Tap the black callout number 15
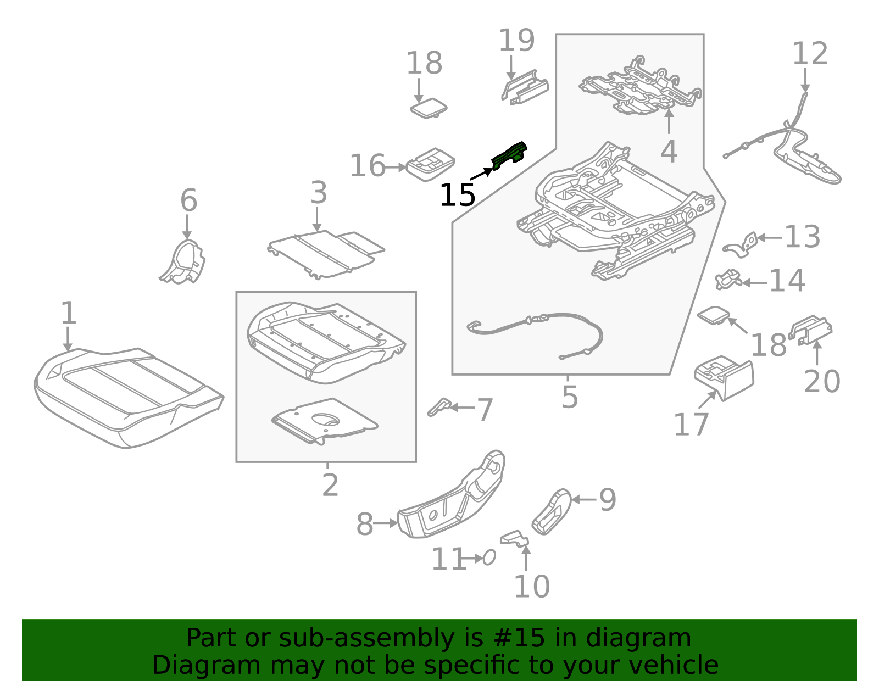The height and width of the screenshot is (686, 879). pos(457,195)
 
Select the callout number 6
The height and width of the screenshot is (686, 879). pos(188,200)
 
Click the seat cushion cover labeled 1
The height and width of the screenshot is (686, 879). pos(126,395)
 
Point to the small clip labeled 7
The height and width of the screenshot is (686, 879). pos(439,407)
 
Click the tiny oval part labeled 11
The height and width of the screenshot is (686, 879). pos(489,558)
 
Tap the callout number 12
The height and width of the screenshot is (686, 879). pos(809,54)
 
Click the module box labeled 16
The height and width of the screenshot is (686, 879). pos(430,164)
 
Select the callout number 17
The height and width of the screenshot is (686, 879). pos(691,425)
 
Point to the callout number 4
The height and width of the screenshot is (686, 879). pos(668,152)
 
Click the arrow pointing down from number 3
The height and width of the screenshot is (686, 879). pos(316,219)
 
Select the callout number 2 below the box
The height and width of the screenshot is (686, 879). pos(330,486)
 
